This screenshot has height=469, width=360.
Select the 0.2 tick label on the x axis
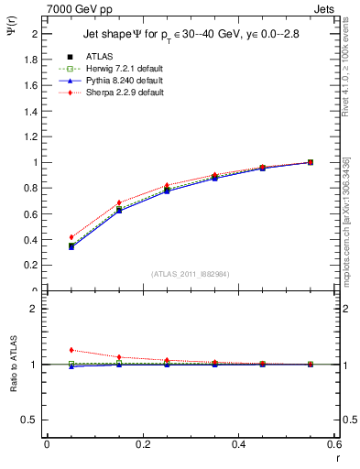tap(142, 443)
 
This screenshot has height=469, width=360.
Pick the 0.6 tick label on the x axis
tap(333, 443)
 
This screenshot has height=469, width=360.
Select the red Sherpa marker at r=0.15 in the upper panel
tap(118, 202)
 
